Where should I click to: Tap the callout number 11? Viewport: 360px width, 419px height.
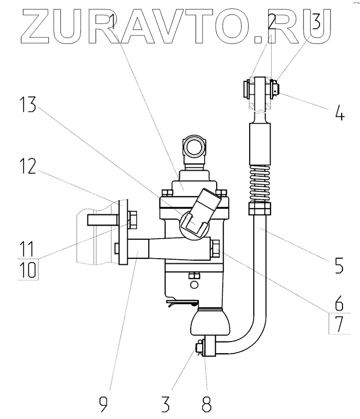click(29, 247)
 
